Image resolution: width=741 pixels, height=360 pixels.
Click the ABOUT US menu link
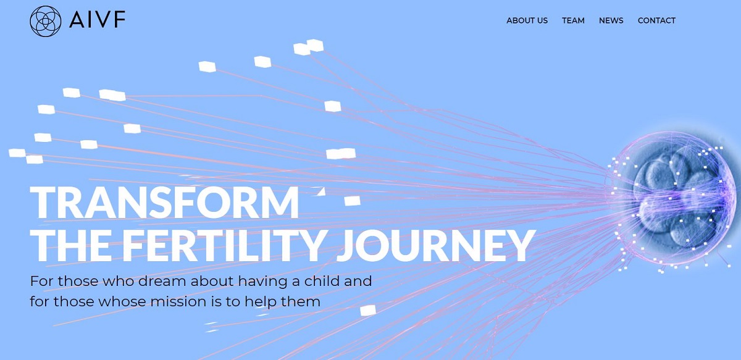[527, 20]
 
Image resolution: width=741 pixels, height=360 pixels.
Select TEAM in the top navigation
[573, 20]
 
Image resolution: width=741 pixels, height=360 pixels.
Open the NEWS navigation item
[611, 20]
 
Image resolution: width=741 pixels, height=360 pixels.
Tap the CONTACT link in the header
[656, 20]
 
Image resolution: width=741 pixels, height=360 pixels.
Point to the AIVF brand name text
[98, 19]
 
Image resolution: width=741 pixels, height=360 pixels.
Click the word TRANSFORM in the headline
[164, 203]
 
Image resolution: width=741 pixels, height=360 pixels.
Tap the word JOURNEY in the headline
[436, 246]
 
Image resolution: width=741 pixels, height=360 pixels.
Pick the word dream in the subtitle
[162, 281]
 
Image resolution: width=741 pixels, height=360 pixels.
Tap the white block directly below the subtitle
[368, 311]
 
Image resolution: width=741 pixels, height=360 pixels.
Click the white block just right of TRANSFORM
[353, 201]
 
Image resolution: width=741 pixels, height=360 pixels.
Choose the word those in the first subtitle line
[78, 281]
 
